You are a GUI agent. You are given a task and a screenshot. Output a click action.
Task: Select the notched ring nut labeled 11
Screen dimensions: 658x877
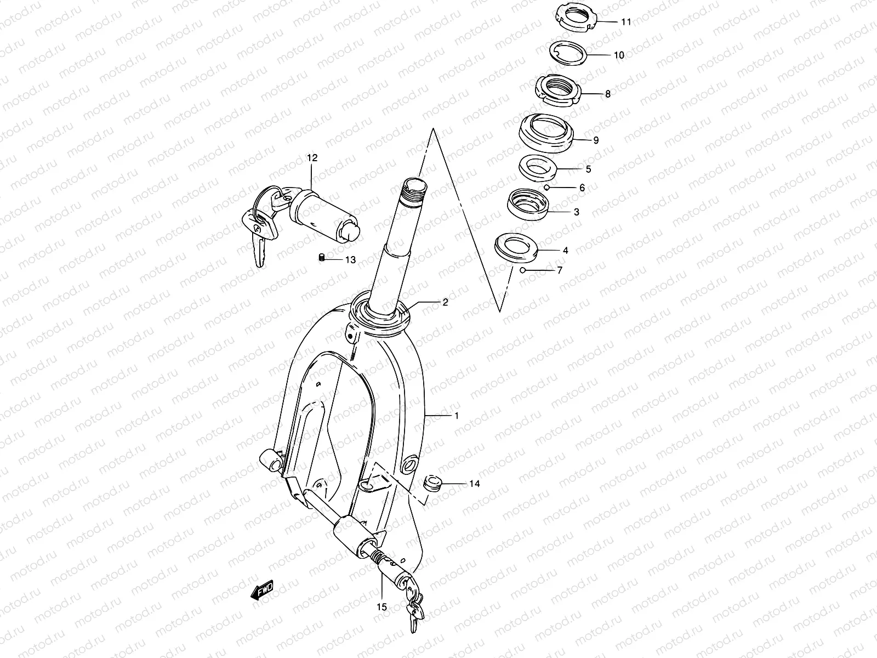[x=574, y=16]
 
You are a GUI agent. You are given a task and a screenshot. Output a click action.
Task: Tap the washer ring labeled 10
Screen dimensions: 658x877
[x=568, y=52]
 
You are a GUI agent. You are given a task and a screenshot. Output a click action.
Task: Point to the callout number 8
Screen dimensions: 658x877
[x=607, y=94]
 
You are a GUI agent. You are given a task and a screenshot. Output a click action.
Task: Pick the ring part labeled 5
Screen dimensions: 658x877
[x=538, y=167]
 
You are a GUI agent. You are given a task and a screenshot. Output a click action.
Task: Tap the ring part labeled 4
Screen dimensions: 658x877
[x=516, y=246]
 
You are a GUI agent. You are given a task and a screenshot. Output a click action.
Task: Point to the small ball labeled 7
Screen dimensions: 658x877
[x=523, y=270]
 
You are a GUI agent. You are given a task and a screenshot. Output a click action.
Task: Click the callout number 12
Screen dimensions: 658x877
[x=312, y=158]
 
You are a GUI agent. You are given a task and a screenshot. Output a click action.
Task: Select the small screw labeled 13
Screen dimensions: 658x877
[x=322, y=258]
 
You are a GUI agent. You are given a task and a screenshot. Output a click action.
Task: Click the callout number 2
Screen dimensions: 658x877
[x=446, y=302]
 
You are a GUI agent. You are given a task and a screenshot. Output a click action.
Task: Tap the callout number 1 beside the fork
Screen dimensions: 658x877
[x=456, y=416]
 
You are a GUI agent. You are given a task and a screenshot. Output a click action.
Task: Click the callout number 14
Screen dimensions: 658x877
[x=474, y=484]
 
